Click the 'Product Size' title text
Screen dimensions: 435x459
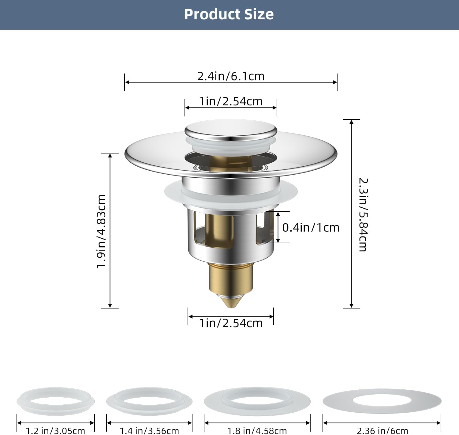click(229, 14)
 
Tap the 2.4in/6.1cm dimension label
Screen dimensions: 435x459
click(231, 76)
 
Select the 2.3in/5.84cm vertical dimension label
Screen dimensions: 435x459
click(363, 214)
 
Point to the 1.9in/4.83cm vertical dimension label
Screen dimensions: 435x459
click(101, 231)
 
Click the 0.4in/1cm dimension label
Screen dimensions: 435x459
click(311, 228)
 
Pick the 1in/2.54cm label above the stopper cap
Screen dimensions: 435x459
click(231, 101)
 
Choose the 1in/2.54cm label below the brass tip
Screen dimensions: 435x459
click(231, 323)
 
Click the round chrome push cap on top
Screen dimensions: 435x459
click(231, 130)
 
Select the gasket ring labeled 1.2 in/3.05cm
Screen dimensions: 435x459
click(55, 401)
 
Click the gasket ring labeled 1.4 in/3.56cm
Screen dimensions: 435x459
click(149, 401)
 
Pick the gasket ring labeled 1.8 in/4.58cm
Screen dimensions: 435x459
click(257, 401)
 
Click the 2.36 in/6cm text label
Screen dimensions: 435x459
click(382, 431)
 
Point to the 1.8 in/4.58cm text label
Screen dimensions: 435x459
click(257, 431)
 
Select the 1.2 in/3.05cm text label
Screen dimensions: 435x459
click(55, 431)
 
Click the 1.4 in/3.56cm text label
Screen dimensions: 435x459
click(149, 431)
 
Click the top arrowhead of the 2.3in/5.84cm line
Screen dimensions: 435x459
click(351, 122)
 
